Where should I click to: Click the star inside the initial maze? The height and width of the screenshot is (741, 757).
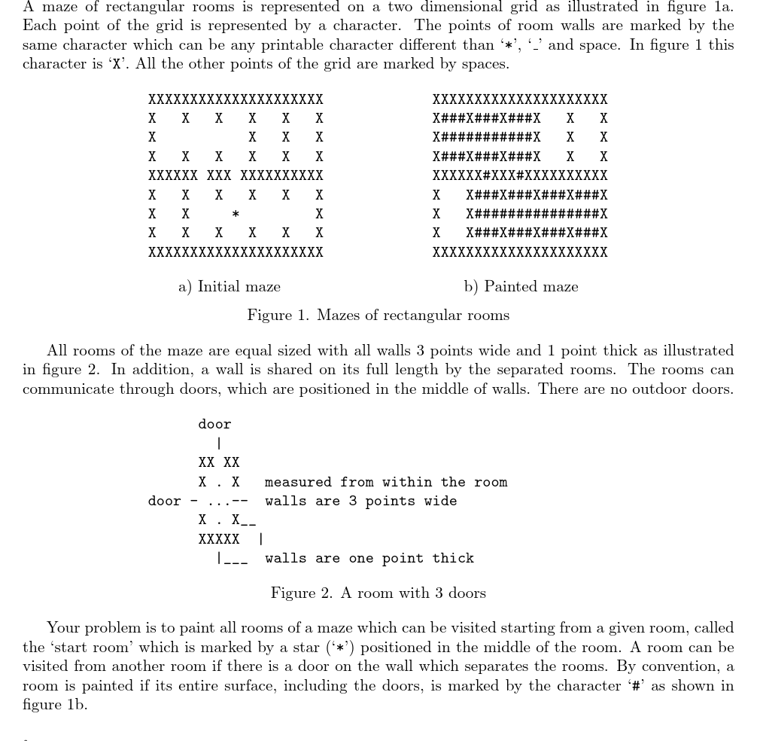click(x=236, y=215)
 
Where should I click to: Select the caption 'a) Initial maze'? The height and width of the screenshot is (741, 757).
click(x=230, y=287)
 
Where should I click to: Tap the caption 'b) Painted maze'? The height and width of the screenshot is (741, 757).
click(x=521, y=287)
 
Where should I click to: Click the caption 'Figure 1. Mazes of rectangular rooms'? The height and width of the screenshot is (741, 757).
click(x=378, y=315)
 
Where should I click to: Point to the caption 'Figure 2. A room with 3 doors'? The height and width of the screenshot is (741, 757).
click(x=378, y=593)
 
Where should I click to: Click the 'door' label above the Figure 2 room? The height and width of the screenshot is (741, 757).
click(x=214, y=425)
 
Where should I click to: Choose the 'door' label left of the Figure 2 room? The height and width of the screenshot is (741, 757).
click(x=164, y=502)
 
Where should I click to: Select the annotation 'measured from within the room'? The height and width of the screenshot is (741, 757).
click(x=386, y=482)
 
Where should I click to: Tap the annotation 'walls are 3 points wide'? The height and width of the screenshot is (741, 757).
click(x=360, y=502)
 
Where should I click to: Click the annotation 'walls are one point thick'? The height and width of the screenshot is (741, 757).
click(x=369, y=559)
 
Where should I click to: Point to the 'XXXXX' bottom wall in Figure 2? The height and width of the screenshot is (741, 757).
click(x=219, y=539)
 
